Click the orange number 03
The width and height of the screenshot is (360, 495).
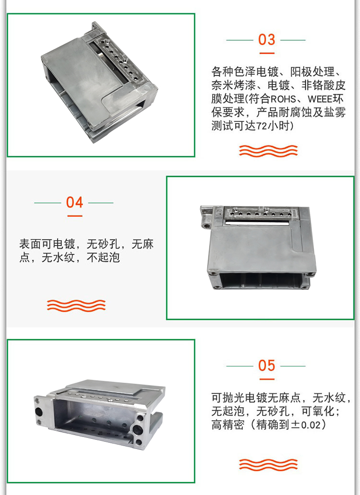click(x=266, y=40)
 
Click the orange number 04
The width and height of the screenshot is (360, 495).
click(x=74, y=202)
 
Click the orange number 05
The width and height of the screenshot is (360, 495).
click(x=266, y=365)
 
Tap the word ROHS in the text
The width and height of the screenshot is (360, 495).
click(x=283, y=99)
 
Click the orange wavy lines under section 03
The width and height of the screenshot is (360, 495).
click(x=268, y=151)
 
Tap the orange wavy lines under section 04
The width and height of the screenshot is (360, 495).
click(x=76, y=306)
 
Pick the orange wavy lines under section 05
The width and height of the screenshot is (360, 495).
click(x=268, y=464)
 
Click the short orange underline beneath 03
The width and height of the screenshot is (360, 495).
click(x=267, y=53)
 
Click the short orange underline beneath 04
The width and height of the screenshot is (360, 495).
click(x=75, y=216)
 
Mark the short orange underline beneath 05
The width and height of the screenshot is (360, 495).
click(x=267, y=379)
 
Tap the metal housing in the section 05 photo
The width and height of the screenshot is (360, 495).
click(x=99, y=415)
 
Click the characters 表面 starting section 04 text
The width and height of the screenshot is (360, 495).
click(x=30, y=244)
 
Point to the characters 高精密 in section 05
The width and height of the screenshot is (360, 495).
click(x=228, y=424)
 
